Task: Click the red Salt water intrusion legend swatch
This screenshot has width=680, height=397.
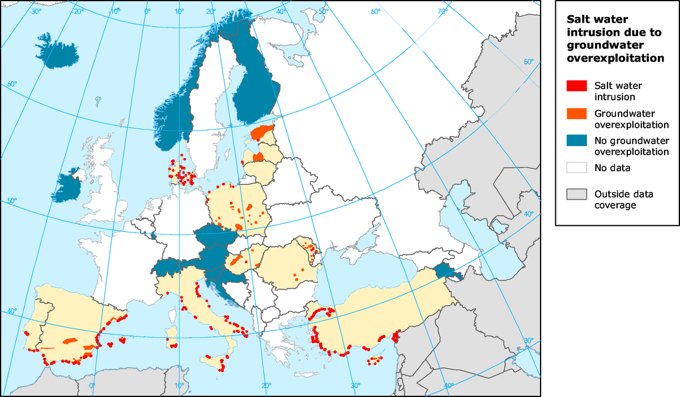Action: pyautogui.click(x=577, y=86)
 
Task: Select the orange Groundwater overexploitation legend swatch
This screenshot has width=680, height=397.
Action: pyautogui.click(x=577, y=113)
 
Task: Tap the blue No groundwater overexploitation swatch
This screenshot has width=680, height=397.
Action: pyautogui.click(x=577, y=141)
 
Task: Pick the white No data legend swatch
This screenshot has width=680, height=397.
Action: pyautogui.click(x=577, y=167)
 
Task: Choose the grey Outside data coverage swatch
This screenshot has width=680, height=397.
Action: pyautogui.click(x=577, y=195)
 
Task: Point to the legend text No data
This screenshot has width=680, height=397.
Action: pyautogui.click(x=613, y=168)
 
